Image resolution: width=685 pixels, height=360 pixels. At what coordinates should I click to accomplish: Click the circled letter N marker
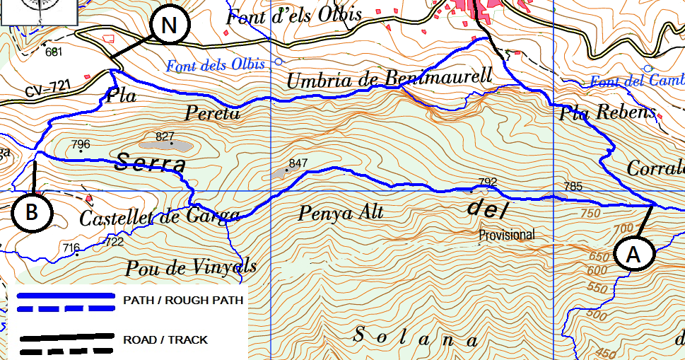tap(169, 26)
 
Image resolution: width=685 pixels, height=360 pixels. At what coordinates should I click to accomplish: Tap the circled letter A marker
tap(633, 255)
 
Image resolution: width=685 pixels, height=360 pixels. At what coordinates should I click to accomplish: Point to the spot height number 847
tap(298, 163)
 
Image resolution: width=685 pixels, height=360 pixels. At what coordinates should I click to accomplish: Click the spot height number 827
tap(165, 136)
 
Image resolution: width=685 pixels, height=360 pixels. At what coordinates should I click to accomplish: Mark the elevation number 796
tap(81, 145)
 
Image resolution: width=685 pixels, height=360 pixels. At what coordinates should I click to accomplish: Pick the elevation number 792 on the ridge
tap(488, 182)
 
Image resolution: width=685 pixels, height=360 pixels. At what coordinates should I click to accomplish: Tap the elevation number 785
tap(573, 187)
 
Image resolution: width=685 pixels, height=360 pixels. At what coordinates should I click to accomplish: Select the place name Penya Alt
tap(341, 212)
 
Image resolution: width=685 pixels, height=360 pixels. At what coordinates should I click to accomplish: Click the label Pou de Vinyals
tap(191, 267)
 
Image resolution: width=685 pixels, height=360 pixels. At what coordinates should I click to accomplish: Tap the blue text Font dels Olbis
tap(215, 66)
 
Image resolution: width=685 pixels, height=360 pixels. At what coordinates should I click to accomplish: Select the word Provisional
tap(506, 235)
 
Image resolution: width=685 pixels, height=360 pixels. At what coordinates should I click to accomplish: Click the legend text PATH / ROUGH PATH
tap(183, 301)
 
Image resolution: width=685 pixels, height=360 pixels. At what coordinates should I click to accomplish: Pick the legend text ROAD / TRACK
tap(165, 340)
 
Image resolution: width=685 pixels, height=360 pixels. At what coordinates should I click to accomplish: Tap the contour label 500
tap(597, 315)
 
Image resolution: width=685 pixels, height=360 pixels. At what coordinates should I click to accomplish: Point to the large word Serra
tap(150, 164)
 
